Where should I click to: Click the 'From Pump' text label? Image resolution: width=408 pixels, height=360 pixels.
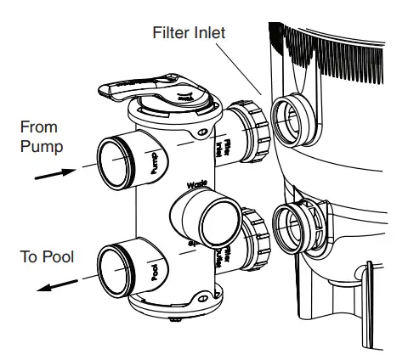[x=40, y=137]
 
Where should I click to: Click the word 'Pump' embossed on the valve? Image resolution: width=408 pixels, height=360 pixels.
[x=154, y=161]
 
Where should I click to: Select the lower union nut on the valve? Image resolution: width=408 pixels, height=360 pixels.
[x=252, y=239]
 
